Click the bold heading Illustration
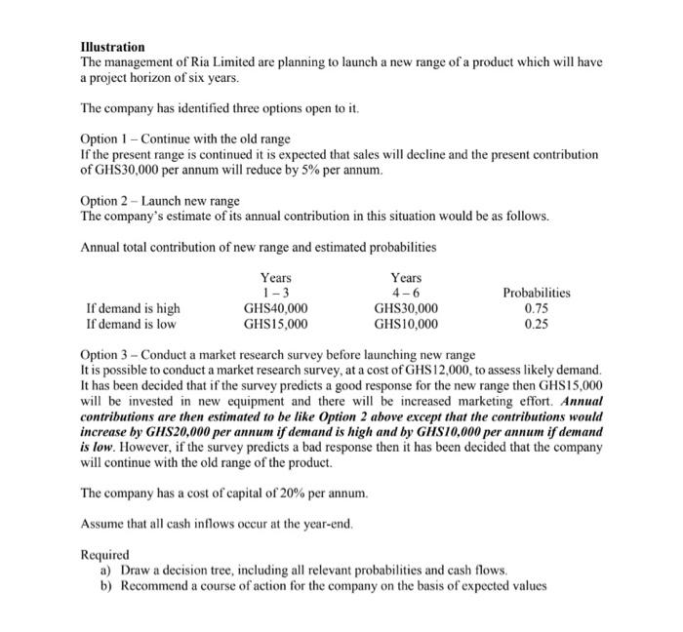[112, 47]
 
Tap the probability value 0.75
[537, 308]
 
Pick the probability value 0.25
[537, 324]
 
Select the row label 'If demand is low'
[131, 324]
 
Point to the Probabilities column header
[537, 293]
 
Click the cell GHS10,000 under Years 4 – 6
[406, 324]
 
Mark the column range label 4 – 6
[406, 293]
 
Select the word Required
[104, 554]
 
